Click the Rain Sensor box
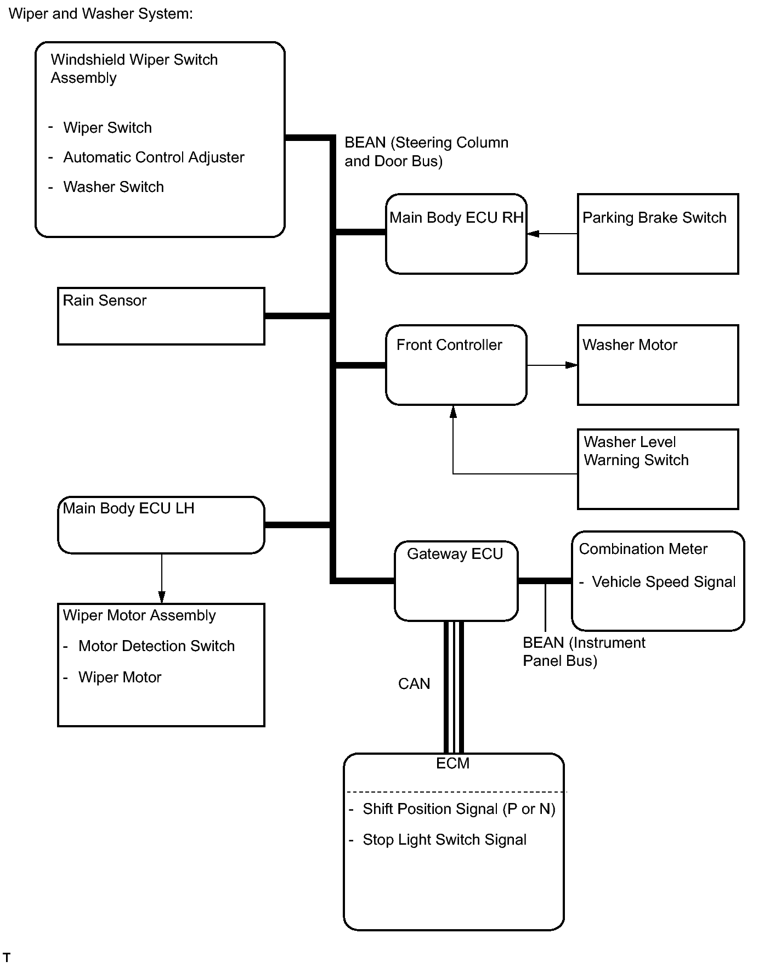[x=161, y=316]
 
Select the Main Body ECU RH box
[x=456, y=234]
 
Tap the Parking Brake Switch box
[x=658, y=234]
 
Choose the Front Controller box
[x=456, y=365]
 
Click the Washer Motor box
[x=658, y=365]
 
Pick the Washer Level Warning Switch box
[x=658, y=469]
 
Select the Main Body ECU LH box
[x=161, y=525]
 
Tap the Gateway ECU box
[x=456, y=580]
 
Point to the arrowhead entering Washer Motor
[x=571, y=365]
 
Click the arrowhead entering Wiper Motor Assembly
[x=161, y=597]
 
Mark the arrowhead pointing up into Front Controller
[x=453, y=412]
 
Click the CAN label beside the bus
[x=414, y=683]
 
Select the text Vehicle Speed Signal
[x=664, y=582]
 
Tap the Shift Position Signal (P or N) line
[x=459, y=809]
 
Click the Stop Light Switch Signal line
[x=444, y=840]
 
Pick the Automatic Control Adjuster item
[x=154, y=157]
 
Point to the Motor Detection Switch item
[x=156, y=646]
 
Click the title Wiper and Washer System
[x=101, y=14]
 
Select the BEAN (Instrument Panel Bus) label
[x=583, y=652]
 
